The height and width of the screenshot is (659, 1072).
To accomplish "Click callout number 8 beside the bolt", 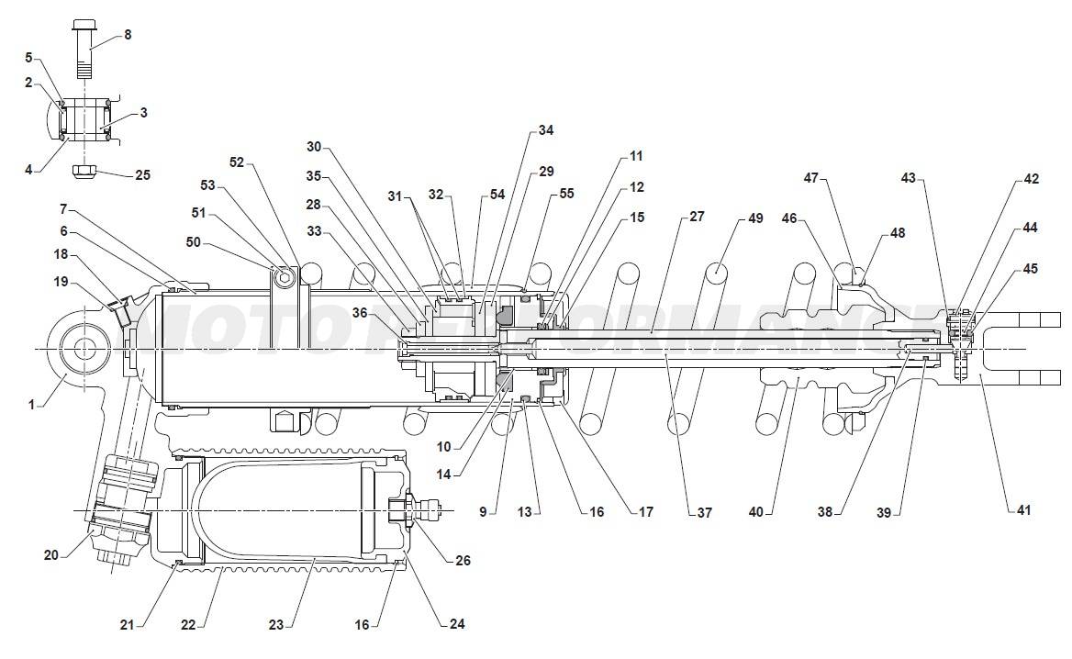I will [128, 35].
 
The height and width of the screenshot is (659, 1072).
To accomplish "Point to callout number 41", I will [1023, 509].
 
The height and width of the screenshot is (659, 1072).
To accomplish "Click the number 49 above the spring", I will [755, 218].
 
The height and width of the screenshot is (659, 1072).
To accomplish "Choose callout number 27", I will [697, 218].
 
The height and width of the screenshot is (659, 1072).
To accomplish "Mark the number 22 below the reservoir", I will [188, 625].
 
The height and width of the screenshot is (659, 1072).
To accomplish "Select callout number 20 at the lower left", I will [51, 553].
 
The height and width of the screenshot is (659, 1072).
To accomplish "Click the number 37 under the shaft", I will [704, 513].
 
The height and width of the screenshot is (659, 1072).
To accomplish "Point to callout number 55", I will [566, 194].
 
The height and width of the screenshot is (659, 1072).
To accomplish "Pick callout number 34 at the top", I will [546, 130].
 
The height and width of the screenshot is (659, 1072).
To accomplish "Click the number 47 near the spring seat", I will [810, 178].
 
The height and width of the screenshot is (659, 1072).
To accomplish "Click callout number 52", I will [237, 162].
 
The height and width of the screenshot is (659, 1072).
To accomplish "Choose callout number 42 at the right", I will [1031, 179].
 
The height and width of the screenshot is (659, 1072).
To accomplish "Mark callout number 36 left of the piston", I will [361, 313].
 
